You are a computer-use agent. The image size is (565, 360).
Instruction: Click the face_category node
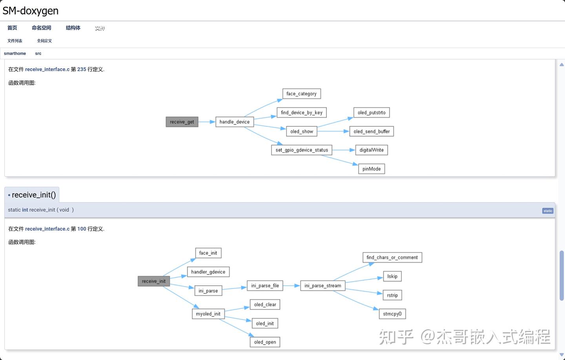[301, 94]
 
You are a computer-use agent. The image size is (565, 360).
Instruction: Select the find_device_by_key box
[301, 113]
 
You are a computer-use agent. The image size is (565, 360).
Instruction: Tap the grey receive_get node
[182, 122]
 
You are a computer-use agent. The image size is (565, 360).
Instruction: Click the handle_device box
[235, 122]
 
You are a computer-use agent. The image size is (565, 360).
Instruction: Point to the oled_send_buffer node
[371, 132]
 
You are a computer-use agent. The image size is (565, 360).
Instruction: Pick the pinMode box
[372, 169]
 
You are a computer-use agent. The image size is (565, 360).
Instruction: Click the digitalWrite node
[372, 150]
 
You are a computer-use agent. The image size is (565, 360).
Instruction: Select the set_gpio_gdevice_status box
[301, 150]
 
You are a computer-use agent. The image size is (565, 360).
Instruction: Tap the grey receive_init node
[154, 281]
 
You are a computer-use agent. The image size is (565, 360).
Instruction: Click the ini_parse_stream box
[323, 286]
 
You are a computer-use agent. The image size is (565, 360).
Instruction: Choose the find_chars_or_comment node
[392, 258]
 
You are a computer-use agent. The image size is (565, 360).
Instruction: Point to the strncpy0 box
[392, 314]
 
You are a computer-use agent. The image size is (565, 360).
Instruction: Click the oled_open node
[265, 342]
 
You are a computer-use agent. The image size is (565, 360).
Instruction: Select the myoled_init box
[208, 314]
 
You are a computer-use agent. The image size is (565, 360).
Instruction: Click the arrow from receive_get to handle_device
[207, 122]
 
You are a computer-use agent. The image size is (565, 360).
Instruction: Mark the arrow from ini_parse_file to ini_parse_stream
[292, 286]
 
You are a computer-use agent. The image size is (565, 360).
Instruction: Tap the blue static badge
[548, 211]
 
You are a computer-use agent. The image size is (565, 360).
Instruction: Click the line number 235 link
[82, 69]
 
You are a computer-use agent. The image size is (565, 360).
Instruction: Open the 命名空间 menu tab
[41, 28]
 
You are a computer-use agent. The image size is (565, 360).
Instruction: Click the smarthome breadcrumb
[15, 53]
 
